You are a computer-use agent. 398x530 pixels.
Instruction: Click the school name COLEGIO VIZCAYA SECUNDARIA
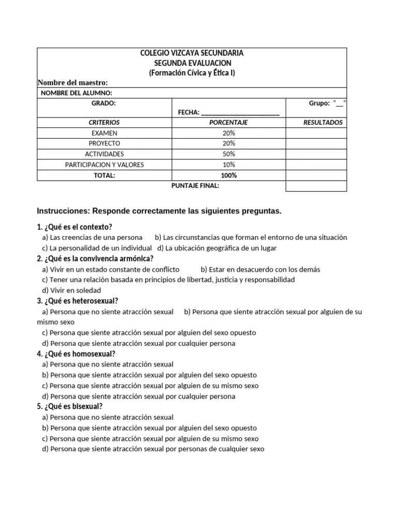[x=192, y=53]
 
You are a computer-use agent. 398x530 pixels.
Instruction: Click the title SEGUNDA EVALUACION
[x=192, y=63]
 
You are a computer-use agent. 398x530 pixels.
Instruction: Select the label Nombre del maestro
[x=73, y=83]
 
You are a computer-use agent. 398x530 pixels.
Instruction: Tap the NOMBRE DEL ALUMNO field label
[x=76, y=93]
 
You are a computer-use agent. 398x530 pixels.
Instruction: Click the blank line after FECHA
[x=240, y=113]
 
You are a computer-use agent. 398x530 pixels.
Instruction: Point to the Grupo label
[x=319, y=104]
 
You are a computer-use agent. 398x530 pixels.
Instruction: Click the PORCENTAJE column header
[x=229, y=123]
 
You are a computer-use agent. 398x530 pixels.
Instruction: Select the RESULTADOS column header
[x=323, y=123]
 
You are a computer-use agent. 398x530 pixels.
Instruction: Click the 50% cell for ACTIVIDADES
[x=229, y=154]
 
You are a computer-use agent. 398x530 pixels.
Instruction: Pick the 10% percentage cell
[x=229, y=165]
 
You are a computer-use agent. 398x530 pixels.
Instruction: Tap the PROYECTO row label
[x=104, y=143]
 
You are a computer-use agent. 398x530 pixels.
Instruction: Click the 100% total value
[x=229, y=175]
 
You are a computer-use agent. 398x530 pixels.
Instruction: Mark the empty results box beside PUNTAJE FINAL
[x=316, y=186]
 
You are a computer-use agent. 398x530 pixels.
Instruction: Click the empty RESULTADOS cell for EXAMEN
[x=316, y=133]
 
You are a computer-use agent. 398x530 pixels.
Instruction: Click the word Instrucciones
[x=62, y=211]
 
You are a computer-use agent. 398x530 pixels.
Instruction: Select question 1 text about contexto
[x=75, y=227]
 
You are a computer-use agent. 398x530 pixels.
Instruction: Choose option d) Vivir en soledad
[x=72, y=290]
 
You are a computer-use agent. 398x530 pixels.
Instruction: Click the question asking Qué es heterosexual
[x=78, y=301]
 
